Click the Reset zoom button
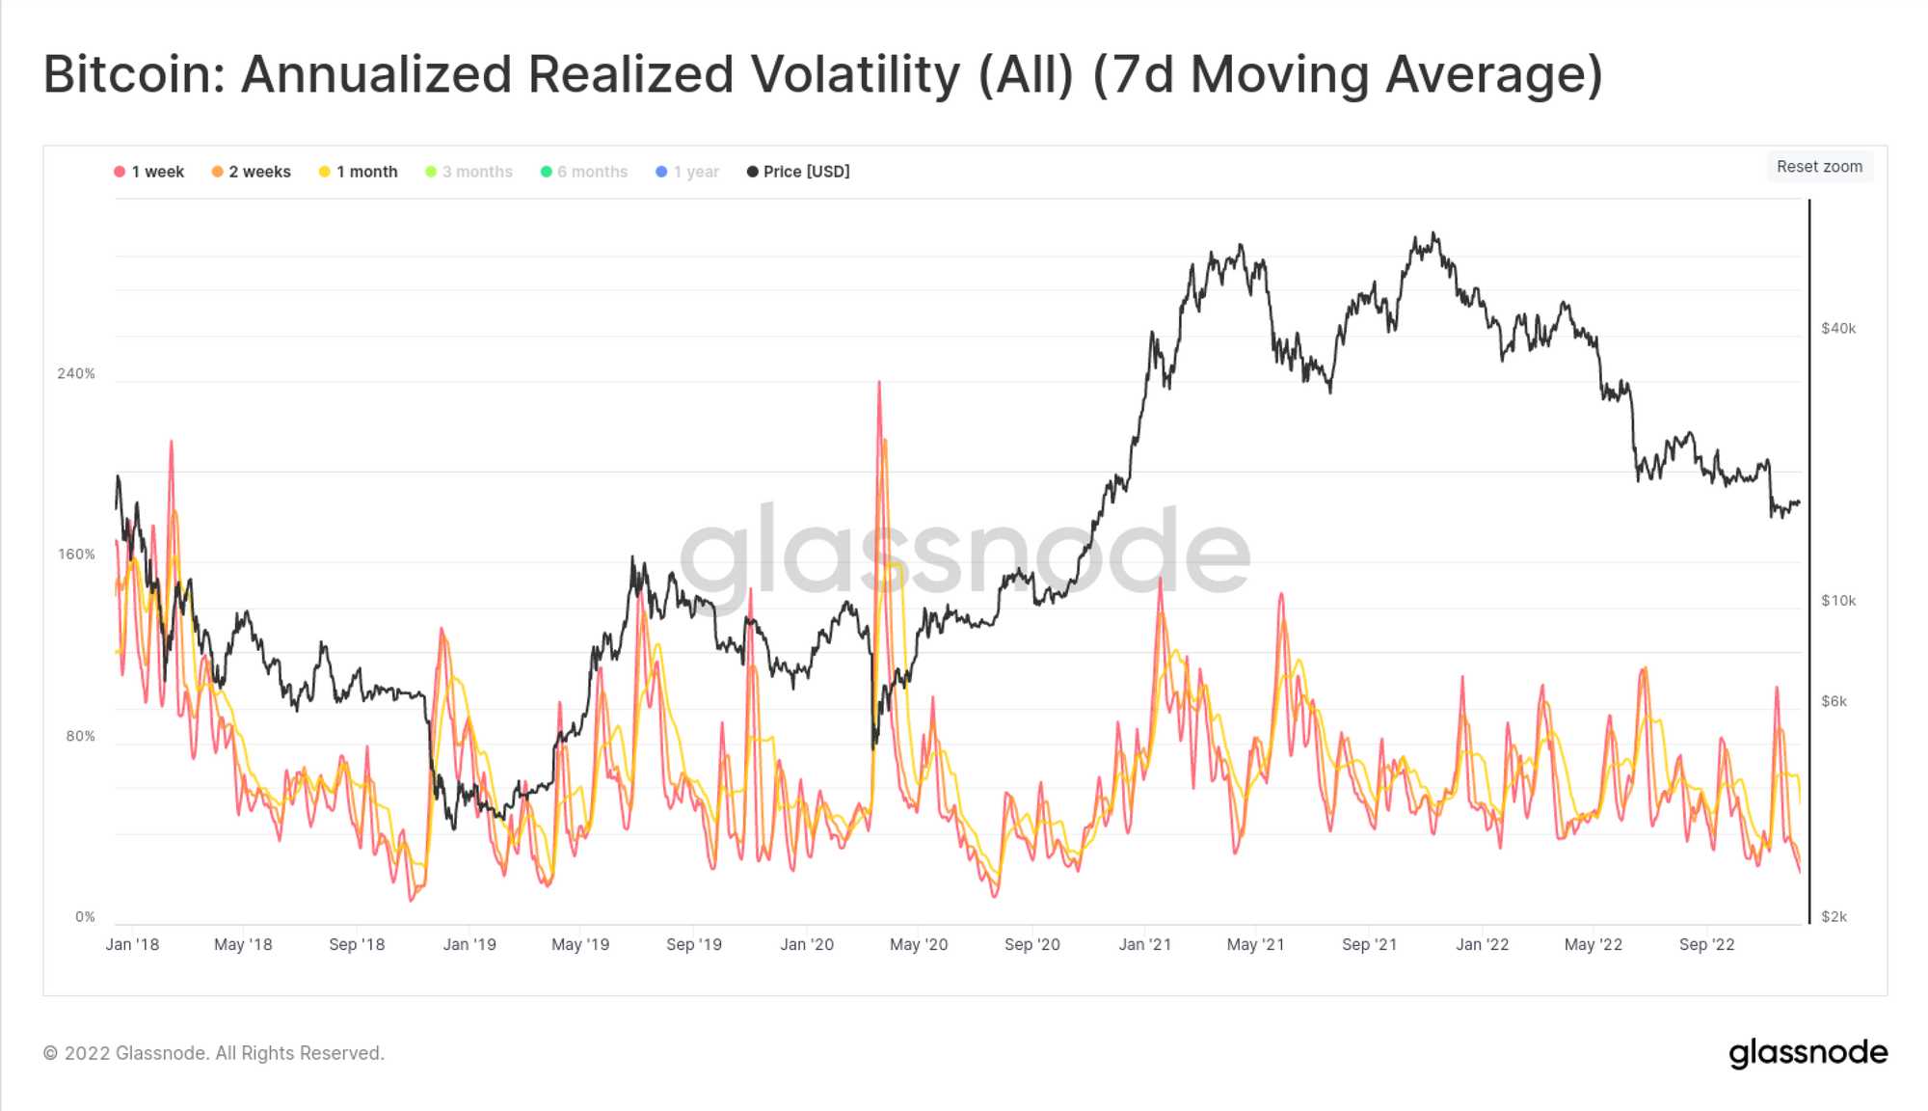click(x=1819, y=167)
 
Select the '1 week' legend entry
click(x=149, y=172)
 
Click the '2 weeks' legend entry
click(x=252, y=172)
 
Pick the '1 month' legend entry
click(x=359, y=172)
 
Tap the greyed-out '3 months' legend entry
click(x=469, y=172)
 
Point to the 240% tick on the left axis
click(x=76, y=374)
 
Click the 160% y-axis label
click(x=76, y=555)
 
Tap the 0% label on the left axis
click(x=85, y=917)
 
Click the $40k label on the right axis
click(x=1838, y=329)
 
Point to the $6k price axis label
click(x=1834, y=701)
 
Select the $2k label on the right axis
click(x=1834, y=917)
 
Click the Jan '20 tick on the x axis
click(x=807, y=945)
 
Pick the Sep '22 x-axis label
click(x=1706, y=945)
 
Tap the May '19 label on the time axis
click(x=580, y=945)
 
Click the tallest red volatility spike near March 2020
click(x=879, y=384)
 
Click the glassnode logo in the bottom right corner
click(x=1808, y=1053)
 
